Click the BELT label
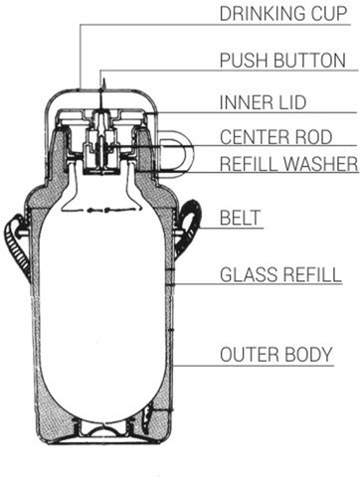coord(241,218)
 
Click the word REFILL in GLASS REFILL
coord(312,275)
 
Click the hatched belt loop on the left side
coord(16,245)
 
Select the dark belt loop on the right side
coord(191,226)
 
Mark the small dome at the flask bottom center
coord(103,429)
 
